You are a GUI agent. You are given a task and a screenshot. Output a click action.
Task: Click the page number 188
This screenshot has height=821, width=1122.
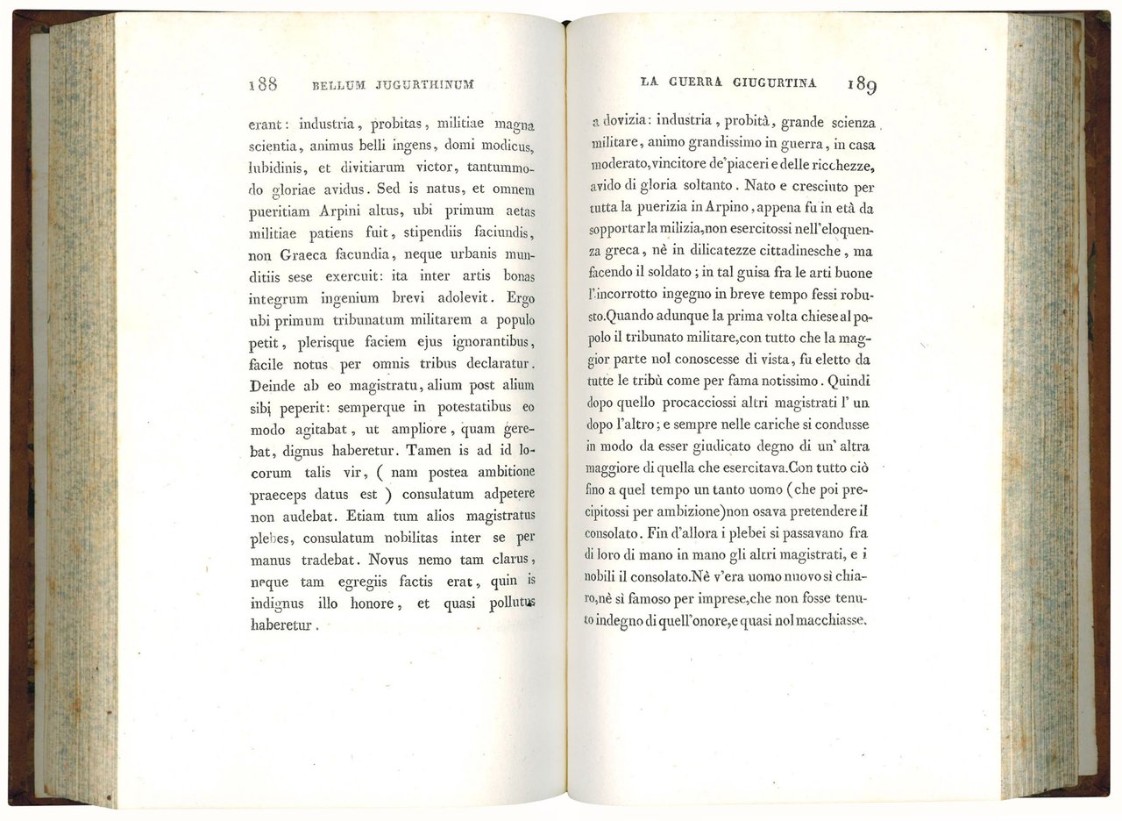pyautogui.click(x=263, y=85)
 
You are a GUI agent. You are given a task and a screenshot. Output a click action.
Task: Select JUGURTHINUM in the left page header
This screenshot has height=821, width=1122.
pyautogui.click(x=424, y=86)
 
